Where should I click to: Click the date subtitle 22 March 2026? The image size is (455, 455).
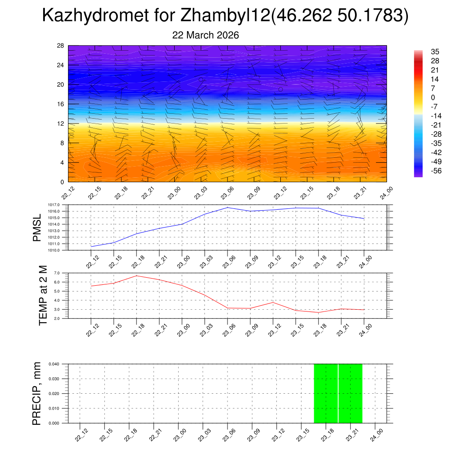click(205, 35)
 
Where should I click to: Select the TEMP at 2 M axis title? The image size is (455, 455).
click(43, 295)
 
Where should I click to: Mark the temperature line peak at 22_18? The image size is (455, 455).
click(136, 275)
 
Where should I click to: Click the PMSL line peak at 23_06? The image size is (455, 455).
click(227, 208)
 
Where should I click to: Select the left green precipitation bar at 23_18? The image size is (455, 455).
click(326, 393)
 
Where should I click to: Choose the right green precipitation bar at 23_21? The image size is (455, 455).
click(350, 393)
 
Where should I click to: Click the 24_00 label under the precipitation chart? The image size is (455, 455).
click(376, 434)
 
